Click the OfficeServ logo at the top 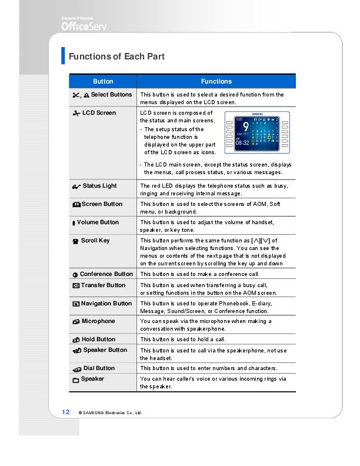point(84,25)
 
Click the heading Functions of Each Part point(116,56)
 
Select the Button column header point(103,81)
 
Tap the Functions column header point(216,81)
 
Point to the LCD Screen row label point(99,113)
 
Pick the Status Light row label point(99,186)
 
